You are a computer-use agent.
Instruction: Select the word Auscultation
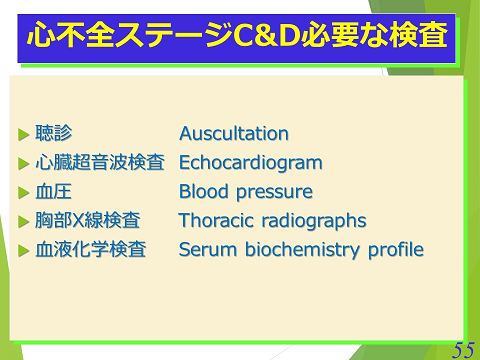233,134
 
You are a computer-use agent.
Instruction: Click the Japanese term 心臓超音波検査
99,163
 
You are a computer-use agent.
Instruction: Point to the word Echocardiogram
250,163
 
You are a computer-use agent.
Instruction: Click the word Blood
202,192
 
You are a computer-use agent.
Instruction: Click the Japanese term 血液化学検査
91,250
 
